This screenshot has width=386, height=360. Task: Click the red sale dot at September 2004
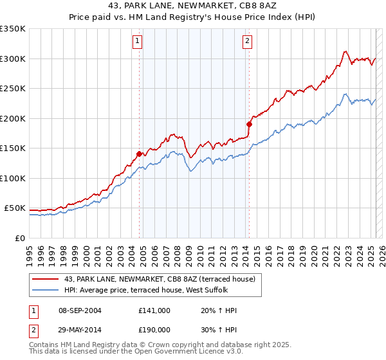coord(139,154)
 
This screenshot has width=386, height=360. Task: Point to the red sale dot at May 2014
coord(248,123)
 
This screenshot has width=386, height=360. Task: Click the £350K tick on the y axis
coord(13,29)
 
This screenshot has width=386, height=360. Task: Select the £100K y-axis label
coord(13,178)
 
